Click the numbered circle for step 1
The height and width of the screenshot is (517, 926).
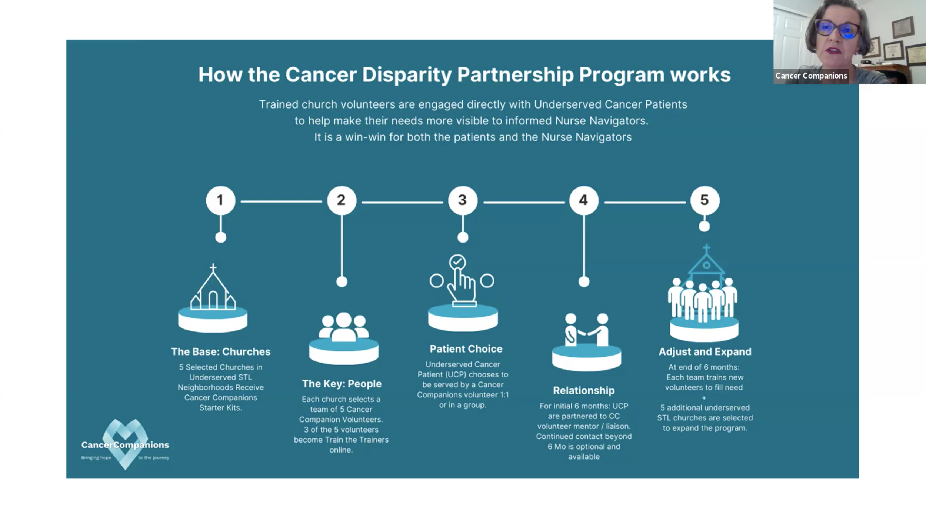pyautogui.click(x=220, y=200)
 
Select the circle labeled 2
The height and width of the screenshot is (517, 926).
pyautogui.click(x=342, y=200)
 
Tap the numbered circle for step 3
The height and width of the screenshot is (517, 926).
pyautogui.click(x=463, y=200)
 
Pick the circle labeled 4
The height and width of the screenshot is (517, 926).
pyautogui.click(x=584, y=200)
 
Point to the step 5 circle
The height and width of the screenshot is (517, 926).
pyautogui.click(x=705, y=200)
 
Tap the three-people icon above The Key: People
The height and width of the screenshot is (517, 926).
pyautogui.click(x=344, y=327)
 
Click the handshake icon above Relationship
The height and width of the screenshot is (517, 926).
pyautogui.click(x=587, y=330)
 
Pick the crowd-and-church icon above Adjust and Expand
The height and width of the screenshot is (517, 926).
pyautogui.click(x=703, y=283)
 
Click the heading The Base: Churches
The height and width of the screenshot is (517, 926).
pyautogui.click(x=221, y=351)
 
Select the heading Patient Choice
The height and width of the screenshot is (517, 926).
pyautogui.click(x=466, y=349)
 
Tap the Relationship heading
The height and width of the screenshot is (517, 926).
pyautogui.click(x=584, y=390)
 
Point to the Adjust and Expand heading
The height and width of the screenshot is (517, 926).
pyautogui.click(x=705, y=351)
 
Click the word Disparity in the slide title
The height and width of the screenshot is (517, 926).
pyautogui.click(x=407, y=75)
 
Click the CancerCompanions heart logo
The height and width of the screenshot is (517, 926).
pyautogui.click(x=125, y=444)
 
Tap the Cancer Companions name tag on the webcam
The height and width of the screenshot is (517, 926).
pyautogui.click(x=811, y=76)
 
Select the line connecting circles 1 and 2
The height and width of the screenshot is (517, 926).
pyautogui.click(x=281, y=201)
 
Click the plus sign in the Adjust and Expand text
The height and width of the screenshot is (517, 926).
pyautogui.click(x=704, y=398)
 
